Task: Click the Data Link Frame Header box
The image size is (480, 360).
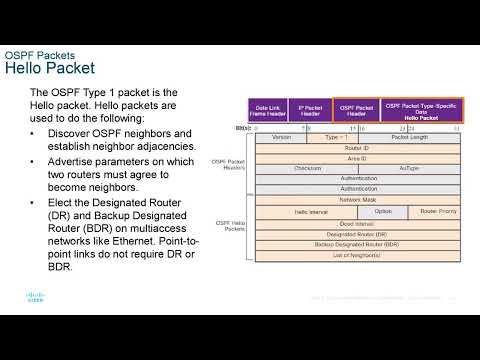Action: tap(268, 109)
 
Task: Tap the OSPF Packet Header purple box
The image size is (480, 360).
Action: tap(356, 109)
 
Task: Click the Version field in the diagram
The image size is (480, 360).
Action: tap(282, 137)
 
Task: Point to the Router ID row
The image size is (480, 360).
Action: tap(358, 148)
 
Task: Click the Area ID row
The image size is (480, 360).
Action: tap(358, 158)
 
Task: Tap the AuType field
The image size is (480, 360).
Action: tap(409, 169)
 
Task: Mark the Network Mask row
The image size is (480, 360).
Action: tap(358, 200)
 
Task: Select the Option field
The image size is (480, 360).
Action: tap(383, 212)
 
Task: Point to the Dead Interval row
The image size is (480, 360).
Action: tap(358, 224)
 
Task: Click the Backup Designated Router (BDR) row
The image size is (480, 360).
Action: tap(358, 244)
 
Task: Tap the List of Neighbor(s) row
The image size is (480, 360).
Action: tap(358, 255)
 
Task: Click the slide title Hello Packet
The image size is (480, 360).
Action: tap(50, 69)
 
